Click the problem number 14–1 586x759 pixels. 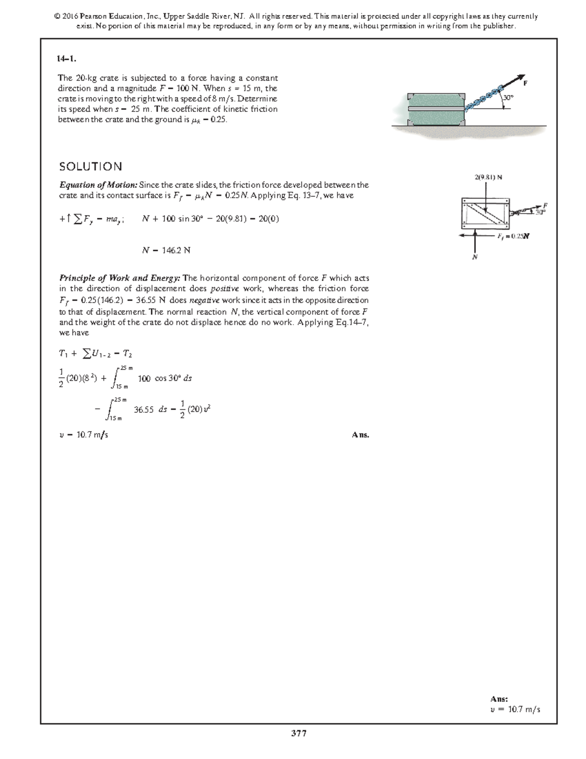[67, 59]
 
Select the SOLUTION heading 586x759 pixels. [91, 167]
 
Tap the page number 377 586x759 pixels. [298, 733]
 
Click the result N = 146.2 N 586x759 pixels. [166, 250]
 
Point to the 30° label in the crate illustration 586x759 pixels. [508, 97]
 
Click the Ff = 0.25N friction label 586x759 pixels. [514, 236]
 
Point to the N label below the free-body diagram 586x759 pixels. [474, 257]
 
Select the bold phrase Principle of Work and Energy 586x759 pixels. [120, 278]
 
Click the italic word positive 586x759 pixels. [224, 289]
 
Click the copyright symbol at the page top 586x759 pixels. [57, 17]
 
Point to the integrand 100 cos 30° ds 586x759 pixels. [165, 378]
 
